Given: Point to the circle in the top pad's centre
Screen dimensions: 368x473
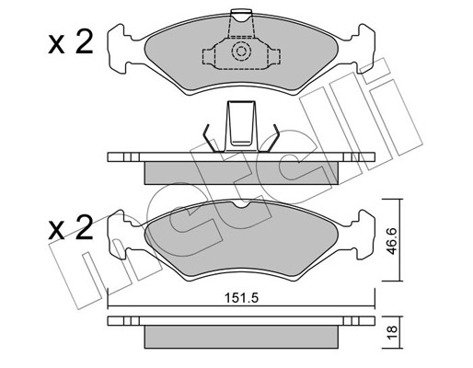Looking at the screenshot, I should pyautogui.click(x=242, y=52).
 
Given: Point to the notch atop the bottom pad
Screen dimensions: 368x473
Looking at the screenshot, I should pyautogui.click(x=242, y=204).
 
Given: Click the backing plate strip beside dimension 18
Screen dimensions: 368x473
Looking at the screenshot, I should pyautogui.click(x=242, y=322).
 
